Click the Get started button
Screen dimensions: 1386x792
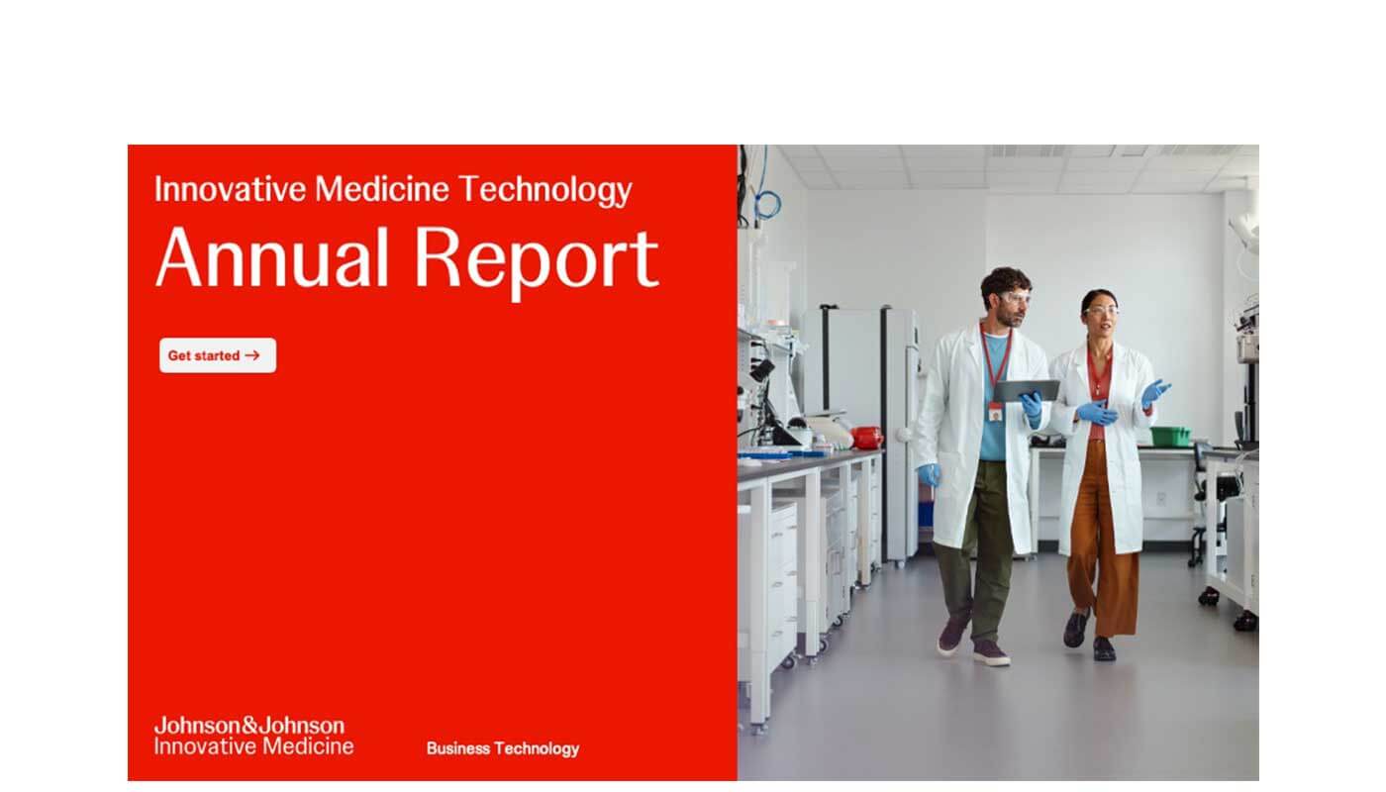[218, 355]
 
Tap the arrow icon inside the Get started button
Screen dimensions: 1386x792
[251, 355]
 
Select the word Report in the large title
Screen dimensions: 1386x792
[537, 263]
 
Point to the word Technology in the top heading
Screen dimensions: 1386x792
[545, 189]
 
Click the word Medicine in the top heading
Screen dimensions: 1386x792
[382, 189]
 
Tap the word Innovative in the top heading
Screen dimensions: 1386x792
[230, 189]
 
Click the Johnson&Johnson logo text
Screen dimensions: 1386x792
[249, 725]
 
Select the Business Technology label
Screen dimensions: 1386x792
[503, 748]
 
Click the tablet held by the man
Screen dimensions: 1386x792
[1027, 390]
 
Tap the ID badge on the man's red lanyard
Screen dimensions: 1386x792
[995, 412]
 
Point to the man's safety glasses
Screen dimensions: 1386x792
[1015, 299]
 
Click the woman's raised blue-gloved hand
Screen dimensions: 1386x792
[1155, 392]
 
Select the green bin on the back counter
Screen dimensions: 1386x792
[1169, 436]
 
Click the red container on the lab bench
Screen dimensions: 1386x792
[866, 437]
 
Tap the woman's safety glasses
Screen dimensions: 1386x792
[1102, 311]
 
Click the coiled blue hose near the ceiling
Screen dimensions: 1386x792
[767, 205]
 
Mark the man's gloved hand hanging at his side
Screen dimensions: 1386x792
[929, 475]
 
